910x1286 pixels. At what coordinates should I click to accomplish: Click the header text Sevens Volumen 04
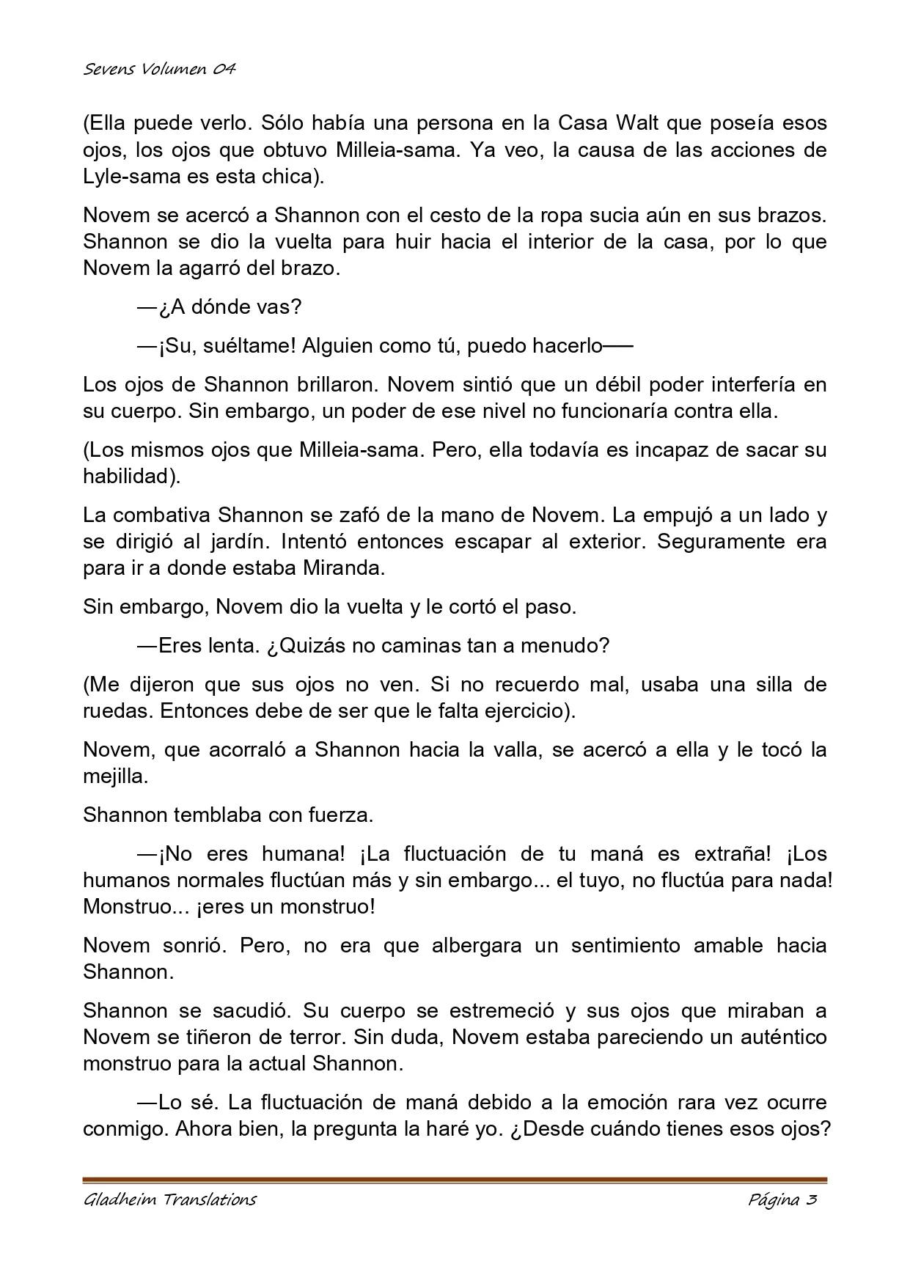tap(159, 69)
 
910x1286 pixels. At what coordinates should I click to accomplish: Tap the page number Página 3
tap(782, 1199)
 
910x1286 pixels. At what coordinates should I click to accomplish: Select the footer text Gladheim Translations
tap(169, 1199)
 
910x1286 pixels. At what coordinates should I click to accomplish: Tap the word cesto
tap(440, 216)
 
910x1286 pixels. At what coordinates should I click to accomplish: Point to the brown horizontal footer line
tap(455, 1180)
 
